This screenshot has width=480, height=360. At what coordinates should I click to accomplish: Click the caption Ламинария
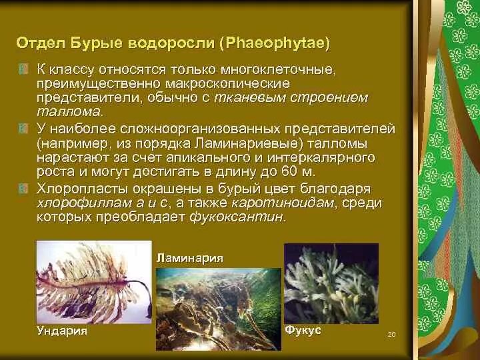[189, 257]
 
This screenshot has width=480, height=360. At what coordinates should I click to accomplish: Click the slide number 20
[391, 334]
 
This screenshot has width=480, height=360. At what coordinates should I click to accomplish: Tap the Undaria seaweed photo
[94, 283]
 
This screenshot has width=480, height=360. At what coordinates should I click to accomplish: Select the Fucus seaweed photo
[331, 283]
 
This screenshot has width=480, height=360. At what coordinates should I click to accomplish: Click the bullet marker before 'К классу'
[23, 69]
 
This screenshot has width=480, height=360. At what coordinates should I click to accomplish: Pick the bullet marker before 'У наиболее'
[23, 128]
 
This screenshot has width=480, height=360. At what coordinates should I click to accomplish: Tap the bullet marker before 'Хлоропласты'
[23, 188]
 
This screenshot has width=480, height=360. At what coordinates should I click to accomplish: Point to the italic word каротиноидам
[281, 203]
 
